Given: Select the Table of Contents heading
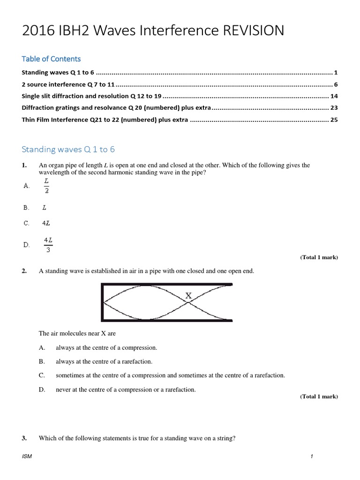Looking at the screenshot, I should tap(51, 59).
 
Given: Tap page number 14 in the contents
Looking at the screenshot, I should tap(334, 96).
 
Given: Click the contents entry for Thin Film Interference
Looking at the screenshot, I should tap(105, 120).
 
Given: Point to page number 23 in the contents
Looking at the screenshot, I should tap(334, 108).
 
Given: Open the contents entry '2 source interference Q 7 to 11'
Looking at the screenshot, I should tap(68, 84).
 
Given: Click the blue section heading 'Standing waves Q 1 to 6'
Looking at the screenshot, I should tap(68, 150).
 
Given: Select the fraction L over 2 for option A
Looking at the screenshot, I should tap(46, 185).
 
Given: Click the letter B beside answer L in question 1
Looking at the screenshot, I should tap(26, 207).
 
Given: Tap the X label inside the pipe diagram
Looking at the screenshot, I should tap(188, 296).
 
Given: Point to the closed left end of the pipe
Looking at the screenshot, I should tap(103, 302).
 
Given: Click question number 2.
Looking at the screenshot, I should tap(24, 271).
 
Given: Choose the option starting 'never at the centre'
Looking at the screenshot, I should tap(126, 390).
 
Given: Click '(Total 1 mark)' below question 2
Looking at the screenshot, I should tap(319, 397).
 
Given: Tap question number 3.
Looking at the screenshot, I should tap(24, 438).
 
